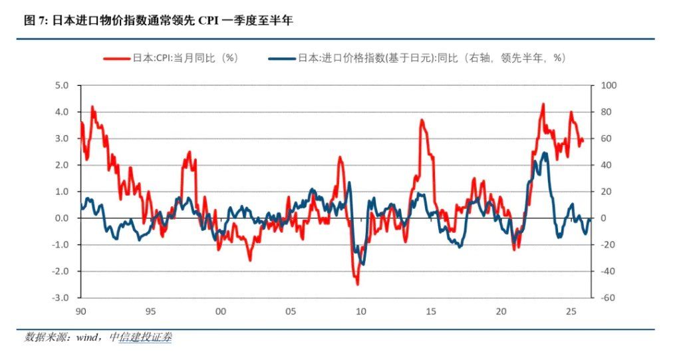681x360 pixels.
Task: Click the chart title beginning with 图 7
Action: click(158, 21)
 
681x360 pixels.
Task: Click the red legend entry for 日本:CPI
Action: click(171, 58)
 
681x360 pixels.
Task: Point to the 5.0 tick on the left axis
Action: click(61, 85)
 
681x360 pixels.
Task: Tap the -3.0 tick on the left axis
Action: click(60, 298)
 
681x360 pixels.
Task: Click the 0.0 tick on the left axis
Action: click(61, 218)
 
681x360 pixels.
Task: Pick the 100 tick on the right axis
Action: click(610, 85)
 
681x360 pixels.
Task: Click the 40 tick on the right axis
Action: click(608, 165)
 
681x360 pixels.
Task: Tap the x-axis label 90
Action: click(80, 311)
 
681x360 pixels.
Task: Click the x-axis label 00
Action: click(220, 311)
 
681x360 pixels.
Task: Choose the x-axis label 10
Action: click(360, 311)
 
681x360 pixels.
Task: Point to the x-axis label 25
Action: click(570, 311)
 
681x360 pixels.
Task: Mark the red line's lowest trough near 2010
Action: click(357, 283)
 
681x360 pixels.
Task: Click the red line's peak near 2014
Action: click(422, 120)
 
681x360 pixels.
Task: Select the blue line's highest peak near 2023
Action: click(545, 153)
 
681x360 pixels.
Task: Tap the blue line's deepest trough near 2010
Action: click(362, 264)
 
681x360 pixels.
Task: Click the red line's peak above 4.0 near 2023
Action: click(543, 104)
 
